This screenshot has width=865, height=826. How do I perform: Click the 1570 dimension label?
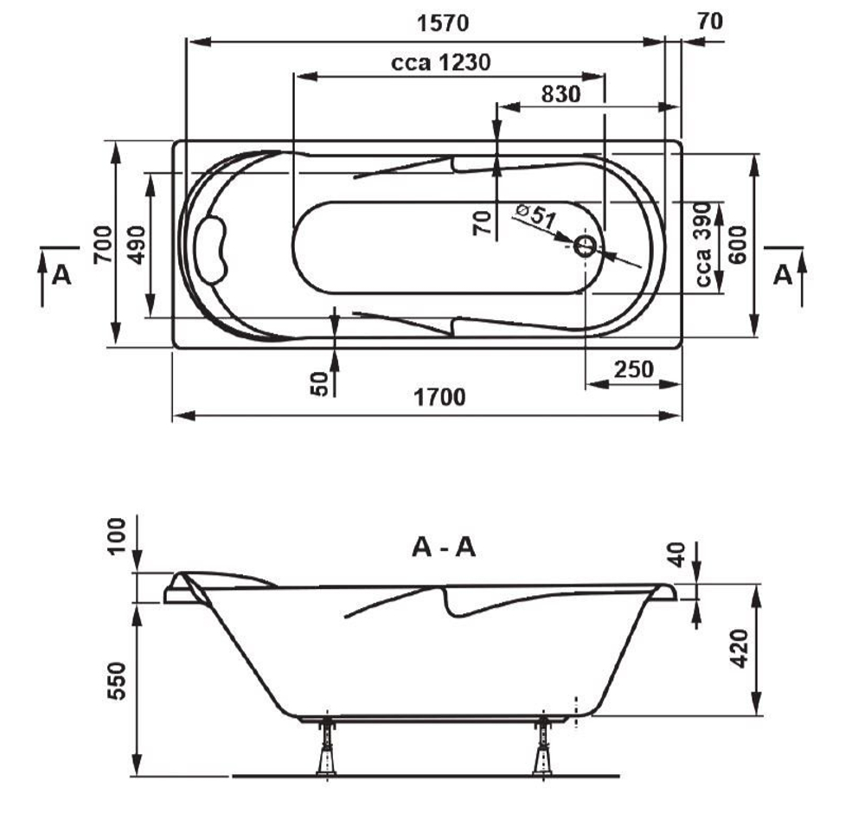[x=442, y=23]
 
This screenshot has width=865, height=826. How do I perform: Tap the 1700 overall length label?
[x=439, y=397]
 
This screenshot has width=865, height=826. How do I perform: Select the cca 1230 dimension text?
[x=441, y=62]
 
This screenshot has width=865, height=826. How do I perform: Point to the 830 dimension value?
[x=561, y=94]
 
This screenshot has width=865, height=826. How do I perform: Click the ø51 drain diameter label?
[x=536, y=215]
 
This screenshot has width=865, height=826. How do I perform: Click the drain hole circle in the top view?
[x=585, y=247]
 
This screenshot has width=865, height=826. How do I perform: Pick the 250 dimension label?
[x=633, y=369]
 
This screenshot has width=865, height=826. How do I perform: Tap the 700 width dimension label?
[x=103, y=245]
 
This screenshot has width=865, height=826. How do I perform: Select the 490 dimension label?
[x=137, y=245]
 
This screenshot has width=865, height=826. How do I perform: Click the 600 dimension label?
[x=737, y=245]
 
